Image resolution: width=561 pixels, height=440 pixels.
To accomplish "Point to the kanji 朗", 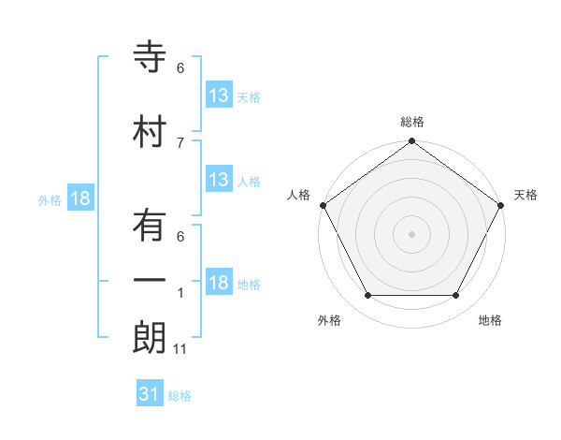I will coord(150,338).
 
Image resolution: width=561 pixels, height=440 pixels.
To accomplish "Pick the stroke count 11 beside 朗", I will coord(180,349).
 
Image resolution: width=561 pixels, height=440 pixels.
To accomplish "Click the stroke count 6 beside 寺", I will coord(180,68).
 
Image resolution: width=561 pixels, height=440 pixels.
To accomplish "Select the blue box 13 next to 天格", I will coord(219,95).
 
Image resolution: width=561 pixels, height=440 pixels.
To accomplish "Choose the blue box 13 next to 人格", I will coord(219,180).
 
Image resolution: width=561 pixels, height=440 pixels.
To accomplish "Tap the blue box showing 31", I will coord(150,394).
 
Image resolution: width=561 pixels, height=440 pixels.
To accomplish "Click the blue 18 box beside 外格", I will coord(80,198).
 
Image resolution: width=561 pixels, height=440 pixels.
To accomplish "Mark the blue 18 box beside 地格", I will coord(219,284).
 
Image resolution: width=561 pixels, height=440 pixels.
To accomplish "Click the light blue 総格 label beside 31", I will coord(180,396).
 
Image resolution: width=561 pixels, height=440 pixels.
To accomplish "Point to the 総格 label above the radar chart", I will coord(411,122).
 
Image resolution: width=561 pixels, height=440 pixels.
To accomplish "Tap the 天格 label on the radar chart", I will coord(525,195).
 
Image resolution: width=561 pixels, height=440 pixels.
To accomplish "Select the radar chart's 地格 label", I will coord(490,320).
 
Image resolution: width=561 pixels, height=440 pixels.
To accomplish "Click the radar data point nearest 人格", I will coord(323,205).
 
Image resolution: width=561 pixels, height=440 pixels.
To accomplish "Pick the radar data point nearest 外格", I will coord(367,296).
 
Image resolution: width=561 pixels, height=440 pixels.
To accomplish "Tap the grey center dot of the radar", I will coord(411,233).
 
